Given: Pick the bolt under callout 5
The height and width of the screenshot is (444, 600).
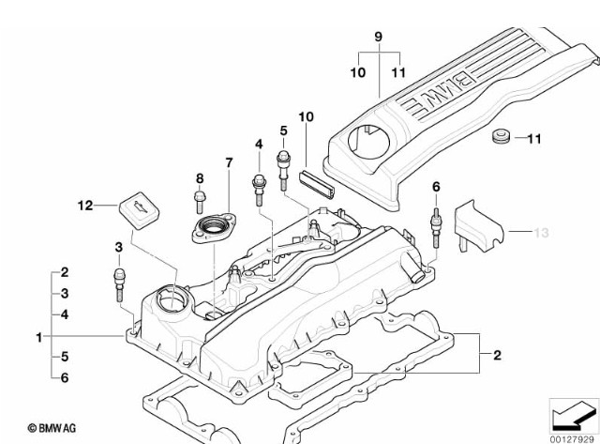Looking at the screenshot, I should pyautogui.click(x=282, y=165).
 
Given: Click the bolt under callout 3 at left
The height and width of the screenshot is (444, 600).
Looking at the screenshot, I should pyautogui.click(x=120, y=281).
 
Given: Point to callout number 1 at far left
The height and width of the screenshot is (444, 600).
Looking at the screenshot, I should pyautogui.click(x=38, y=336).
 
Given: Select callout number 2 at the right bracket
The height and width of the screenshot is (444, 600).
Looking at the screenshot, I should pyautogui.click(x=497, y=354).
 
